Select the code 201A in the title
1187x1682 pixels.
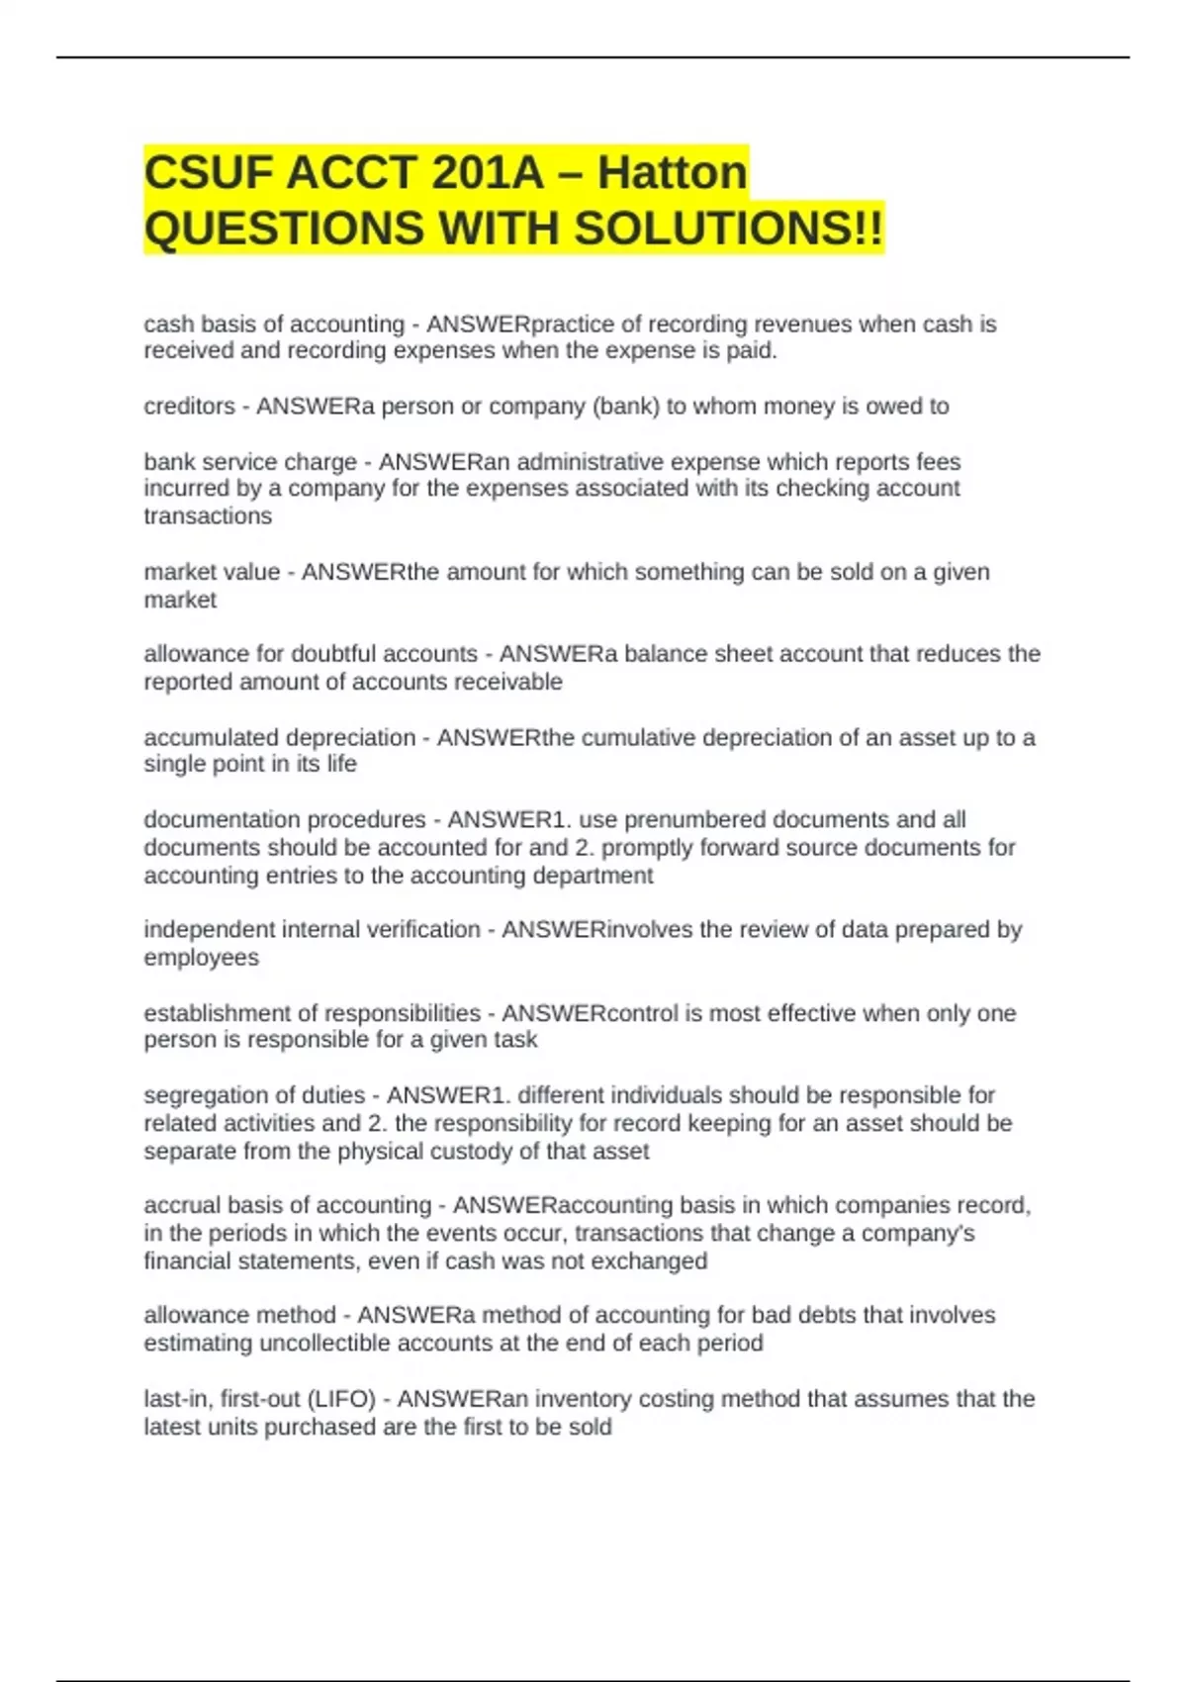tap(487, 173)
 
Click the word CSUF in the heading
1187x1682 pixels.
tap(208, 173)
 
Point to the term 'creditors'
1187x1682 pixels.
tap(189, 407)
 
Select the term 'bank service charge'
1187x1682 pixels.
tap(250, 462)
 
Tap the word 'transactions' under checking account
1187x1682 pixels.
tap(208, 516)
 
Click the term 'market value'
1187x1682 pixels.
tap(212, 572)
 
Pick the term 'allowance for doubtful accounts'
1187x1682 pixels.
tap(311, 654)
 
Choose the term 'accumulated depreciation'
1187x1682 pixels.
tap(280, 738)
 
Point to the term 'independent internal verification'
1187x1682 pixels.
tap(312, 930)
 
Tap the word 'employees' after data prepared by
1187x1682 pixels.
tap(202, 958)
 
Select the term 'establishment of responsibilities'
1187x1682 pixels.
tap(312, 1013)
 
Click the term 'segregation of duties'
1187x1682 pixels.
tap(254, 1095)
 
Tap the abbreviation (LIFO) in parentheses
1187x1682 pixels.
tap(341, 1399)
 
